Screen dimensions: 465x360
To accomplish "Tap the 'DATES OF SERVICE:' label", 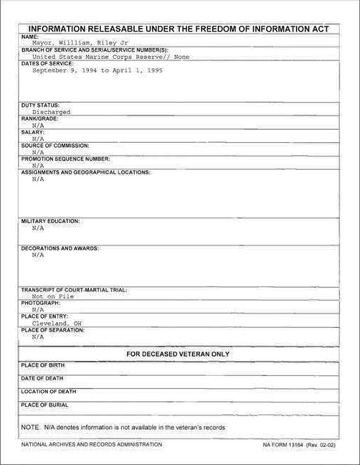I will coord(47,63).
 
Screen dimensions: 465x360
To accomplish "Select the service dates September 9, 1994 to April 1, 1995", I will coord(97,71).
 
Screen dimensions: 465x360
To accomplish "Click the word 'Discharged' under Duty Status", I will coord(51,112).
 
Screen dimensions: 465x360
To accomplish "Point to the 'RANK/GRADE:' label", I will coord(39,119).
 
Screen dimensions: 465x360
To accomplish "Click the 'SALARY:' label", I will coord(33,132).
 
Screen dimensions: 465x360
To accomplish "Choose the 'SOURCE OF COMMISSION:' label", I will coord(55,146).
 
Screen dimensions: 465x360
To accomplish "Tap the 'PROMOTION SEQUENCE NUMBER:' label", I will coord(65,159).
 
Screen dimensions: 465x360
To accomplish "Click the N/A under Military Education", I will coord(38,228).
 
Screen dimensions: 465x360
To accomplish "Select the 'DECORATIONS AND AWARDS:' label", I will coord(60,249).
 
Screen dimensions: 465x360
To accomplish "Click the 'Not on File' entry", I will coord(53,296).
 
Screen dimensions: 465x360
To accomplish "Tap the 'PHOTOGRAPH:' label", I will coord(40,303).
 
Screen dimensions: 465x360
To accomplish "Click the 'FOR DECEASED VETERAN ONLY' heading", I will coord(178,354).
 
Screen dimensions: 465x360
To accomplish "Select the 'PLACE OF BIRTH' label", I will coord(43,365).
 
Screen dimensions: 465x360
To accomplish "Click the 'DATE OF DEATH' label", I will coord(42,379).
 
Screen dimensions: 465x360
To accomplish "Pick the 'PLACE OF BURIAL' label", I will coord(45,405).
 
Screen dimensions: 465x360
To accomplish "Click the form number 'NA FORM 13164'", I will coord(283,445).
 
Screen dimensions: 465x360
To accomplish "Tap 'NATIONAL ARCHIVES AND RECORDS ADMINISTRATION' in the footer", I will coord(92,445).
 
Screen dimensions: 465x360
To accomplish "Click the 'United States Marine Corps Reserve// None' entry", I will coord(111,57).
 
